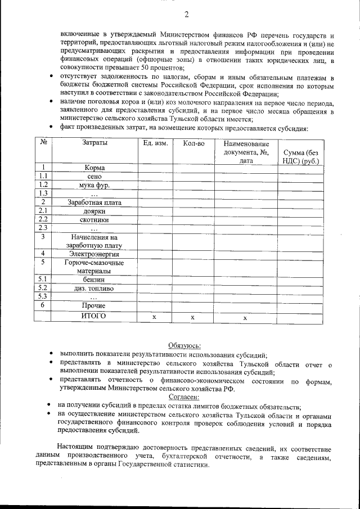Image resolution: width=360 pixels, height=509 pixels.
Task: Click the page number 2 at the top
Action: [x=186, y=14]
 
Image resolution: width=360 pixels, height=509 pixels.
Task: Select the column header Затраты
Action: [x=94, y=143]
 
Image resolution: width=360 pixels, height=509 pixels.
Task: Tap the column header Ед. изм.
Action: [x=155, y=143]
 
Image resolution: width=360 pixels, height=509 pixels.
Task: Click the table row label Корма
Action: [x=94, y=168]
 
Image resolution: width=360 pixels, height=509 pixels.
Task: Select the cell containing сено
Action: [x=94, y=176]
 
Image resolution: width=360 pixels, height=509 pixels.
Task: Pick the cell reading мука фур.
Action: [x=94, y=185]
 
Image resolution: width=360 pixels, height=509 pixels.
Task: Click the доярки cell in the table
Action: [x=94, y=211]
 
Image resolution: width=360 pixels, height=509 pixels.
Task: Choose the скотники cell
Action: [x=94, y=220]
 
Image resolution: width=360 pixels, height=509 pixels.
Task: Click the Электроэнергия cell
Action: [x=94, y=254]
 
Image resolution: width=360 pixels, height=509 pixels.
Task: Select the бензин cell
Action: [x=94, y=280]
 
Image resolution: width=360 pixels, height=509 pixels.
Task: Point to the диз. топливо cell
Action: [x=94, y=288]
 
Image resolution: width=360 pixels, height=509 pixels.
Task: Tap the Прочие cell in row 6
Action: [x=94, y=305]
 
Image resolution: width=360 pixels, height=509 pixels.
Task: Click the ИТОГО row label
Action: [x=94, y=317]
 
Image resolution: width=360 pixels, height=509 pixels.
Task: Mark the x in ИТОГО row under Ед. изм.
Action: [x=155, y=318]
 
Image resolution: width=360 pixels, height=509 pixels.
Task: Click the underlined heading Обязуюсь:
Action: [x=184, y=346]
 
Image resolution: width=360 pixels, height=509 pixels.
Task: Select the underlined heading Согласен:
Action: [x=184, y=397]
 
